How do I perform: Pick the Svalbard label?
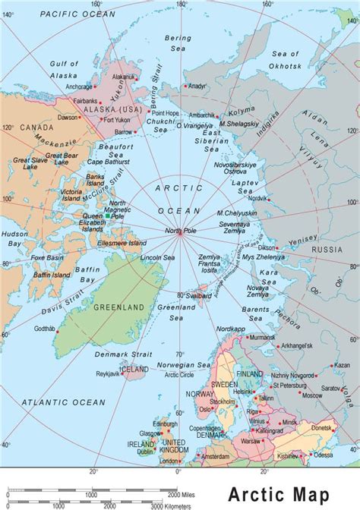point(199,294)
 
